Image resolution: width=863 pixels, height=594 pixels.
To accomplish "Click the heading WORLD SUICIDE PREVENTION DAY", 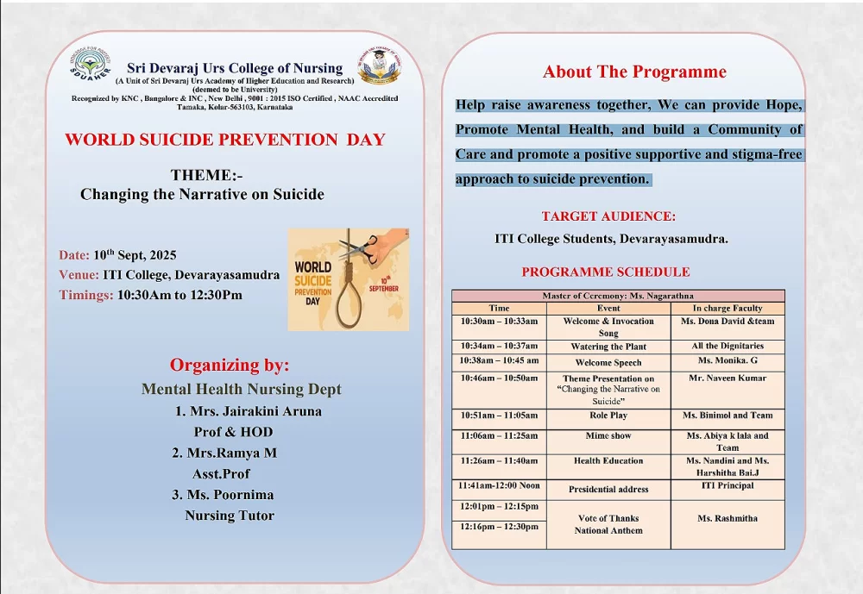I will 225,140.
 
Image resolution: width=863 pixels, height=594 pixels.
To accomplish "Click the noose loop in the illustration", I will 349,302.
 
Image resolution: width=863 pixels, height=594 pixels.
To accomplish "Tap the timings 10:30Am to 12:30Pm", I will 180,295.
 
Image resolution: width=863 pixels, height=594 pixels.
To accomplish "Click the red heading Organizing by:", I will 230,365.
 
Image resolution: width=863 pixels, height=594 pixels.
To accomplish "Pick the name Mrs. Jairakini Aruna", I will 249,411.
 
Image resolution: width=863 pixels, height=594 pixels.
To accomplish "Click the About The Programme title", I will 634,72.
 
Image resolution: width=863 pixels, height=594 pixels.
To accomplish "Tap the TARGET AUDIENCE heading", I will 608,216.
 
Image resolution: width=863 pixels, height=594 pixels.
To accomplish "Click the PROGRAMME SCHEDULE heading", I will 606,272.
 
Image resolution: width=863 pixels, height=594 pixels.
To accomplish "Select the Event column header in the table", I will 608,308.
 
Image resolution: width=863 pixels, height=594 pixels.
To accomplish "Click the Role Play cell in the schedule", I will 608,416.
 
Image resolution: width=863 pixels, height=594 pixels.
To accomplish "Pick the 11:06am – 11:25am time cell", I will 499,436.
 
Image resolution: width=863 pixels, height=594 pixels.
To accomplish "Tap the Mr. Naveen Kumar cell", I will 728,378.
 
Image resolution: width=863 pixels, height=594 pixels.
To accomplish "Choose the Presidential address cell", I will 608,489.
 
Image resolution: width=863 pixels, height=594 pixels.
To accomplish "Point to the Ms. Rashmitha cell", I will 728,519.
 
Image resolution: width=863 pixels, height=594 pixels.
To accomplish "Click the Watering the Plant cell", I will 608,347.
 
